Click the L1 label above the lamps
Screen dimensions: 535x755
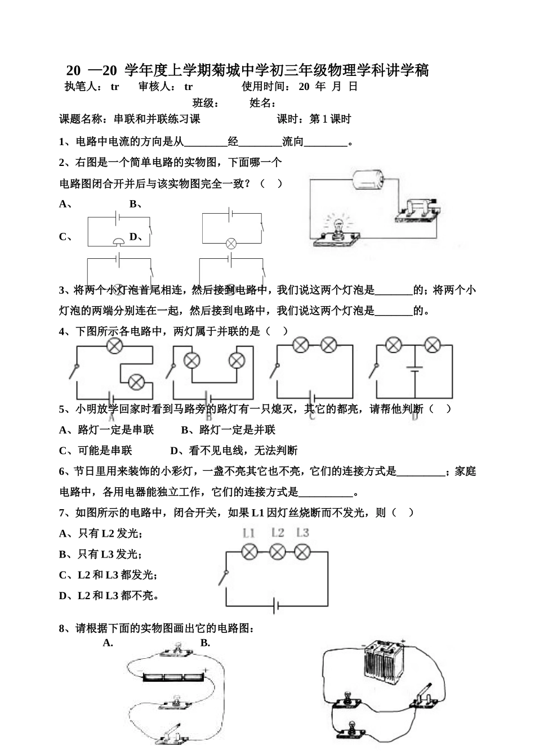pos(248,533)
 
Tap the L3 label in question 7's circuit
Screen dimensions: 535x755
pos(302,532)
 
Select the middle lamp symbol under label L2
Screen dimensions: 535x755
pos(277,551)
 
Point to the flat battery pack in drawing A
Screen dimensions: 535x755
pos(174,677)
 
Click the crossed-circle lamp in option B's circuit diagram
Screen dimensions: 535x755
pos(230,244)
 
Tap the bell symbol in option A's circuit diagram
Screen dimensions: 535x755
pos(119,242)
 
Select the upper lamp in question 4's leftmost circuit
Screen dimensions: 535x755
pos(115,346)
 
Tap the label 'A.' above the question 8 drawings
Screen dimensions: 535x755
pos(109,642)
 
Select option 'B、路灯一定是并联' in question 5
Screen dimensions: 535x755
pos(228,430)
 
